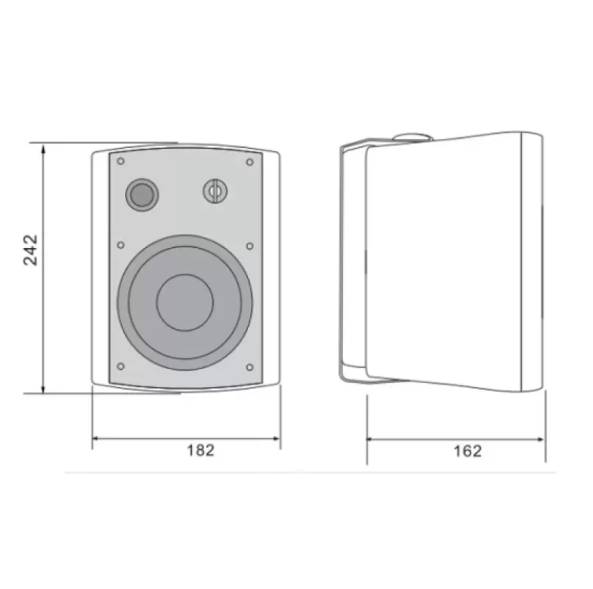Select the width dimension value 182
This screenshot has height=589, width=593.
[199, 451]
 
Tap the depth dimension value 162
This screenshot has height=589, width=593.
[467, 451]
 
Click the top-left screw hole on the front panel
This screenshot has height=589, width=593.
[121, 161]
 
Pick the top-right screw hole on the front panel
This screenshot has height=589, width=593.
[249, 161]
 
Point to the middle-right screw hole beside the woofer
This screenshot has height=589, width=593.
[249, 245]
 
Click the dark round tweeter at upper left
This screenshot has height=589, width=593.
[140, 194]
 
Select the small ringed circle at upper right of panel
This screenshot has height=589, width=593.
[215, 191]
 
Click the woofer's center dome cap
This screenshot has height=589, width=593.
[185, 301]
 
